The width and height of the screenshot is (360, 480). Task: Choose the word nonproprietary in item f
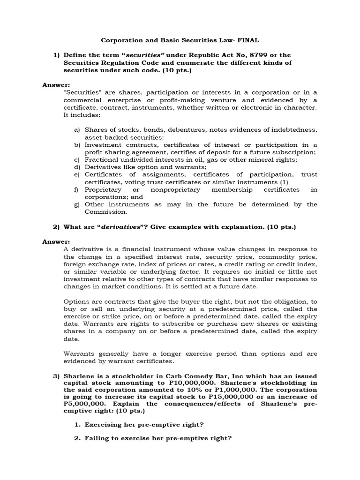pos(175,189)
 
